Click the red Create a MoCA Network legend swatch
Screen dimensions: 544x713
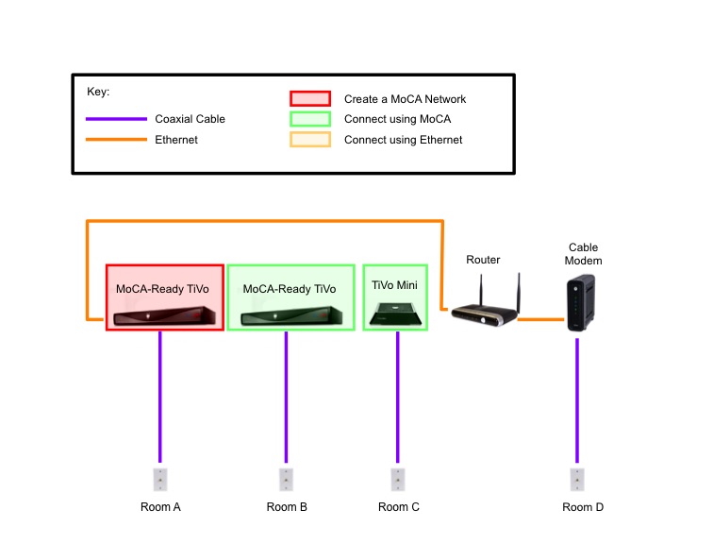point(310,98)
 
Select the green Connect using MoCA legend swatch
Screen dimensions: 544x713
point(310,119)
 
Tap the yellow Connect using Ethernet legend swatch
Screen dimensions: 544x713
point(310,140)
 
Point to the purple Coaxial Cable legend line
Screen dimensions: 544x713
point(117,119)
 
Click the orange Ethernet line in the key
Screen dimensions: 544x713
point(117,140)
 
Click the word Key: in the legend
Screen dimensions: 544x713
point(98,93)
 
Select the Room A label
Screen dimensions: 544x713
point(160,507)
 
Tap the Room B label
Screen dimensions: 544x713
point(287,507)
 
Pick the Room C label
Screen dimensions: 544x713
point(399,507)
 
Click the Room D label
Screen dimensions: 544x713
point(583,507)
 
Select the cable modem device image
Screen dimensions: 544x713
point(577,305)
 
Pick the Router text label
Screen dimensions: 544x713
point(483,260)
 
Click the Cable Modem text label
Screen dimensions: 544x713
point(584,254)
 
